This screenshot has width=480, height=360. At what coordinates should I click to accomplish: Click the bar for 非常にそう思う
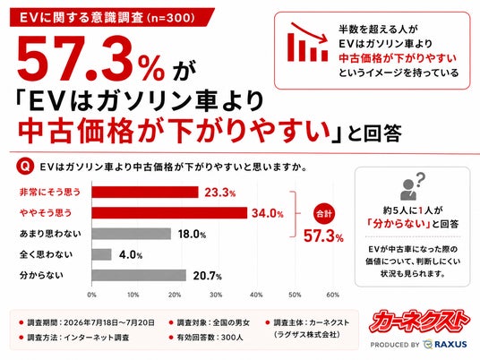[145, 193]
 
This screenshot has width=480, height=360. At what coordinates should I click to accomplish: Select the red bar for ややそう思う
[169, 213]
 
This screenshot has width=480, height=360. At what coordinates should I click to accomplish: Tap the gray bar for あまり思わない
[132, 234]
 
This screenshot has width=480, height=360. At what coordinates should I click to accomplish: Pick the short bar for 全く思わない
[101, 254]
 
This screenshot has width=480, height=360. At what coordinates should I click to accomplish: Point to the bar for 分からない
[139, 275]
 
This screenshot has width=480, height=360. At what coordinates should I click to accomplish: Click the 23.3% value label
[220, 193]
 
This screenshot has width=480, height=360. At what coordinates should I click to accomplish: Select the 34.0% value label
[268, 213]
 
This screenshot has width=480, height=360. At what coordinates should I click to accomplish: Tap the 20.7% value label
[207, 276]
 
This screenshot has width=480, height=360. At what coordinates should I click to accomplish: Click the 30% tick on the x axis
[216, 295]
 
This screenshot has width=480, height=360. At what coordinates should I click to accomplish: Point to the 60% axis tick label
[333, 295]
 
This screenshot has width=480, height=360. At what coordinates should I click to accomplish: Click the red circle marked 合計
[324, 213]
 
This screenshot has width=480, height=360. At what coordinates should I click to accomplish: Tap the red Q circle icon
[25, 167]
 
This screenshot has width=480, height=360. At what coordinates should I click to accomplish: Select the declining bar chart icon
[307, 42]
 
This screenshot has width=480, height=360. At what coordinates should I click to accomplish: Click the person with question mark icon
[412, 186]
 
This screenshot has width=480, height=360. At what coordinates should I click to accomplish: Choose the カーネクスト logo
[419, 321]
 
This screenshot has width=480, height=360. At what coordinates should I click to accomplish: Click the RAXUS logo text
[451, 345]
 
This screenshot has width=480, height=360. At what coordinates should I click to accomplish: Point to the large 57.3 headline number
[73, 59]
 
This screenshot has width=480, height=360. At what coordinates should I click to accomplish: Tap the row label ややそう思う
[46, 213]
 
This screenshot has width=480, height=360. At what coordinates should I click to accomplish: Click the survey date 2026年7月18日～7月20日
[109, 322]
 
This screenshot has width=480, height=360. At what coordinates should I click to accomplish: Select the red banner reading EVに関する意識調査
[112, 17]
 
